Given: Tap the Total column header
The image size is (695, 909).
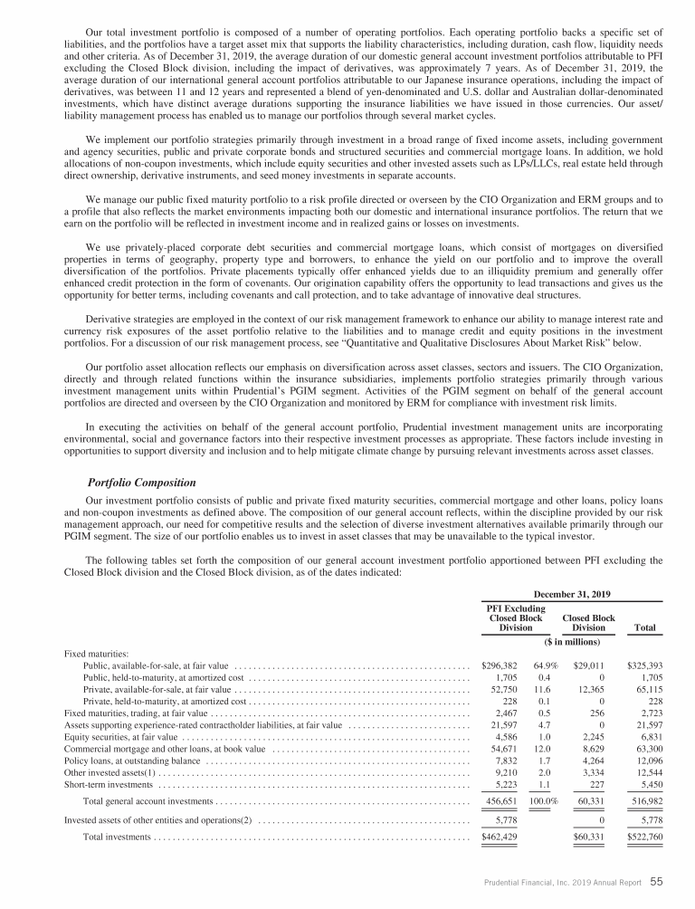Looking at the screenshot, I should (x=646, y=627).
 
